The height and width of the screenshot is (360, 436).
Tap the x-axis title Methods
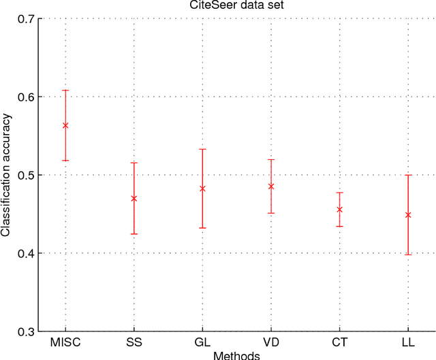tap(236, 355)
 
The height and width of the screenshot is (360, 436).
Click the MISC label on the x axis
tap(65, 342)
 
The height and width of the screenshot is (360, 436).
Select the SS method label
tap(134, 342)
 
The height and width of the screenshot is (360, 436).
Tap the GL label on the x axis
tap(202, 342)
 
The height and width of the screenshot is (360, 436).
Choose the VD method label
tap(271, 342)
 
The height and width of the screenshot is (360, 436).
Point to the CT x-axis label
tap(339, 342)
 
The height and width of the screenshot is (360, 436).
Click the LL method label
tap(408, 342)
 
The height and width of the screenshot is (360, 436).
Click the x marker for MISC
tap(65, 125)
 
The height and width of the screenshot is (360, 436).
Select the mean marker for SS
tap(134, 198)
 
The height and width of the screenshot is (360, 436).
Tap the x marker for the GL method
tap(202, 188)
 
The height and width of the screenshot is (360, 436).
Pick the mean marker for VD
tap(271, 186)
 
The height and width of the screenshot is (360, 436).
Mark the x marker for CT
tap(339, 210)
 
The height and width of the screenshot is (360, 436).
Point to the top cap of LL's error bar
tap(408, 175)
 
